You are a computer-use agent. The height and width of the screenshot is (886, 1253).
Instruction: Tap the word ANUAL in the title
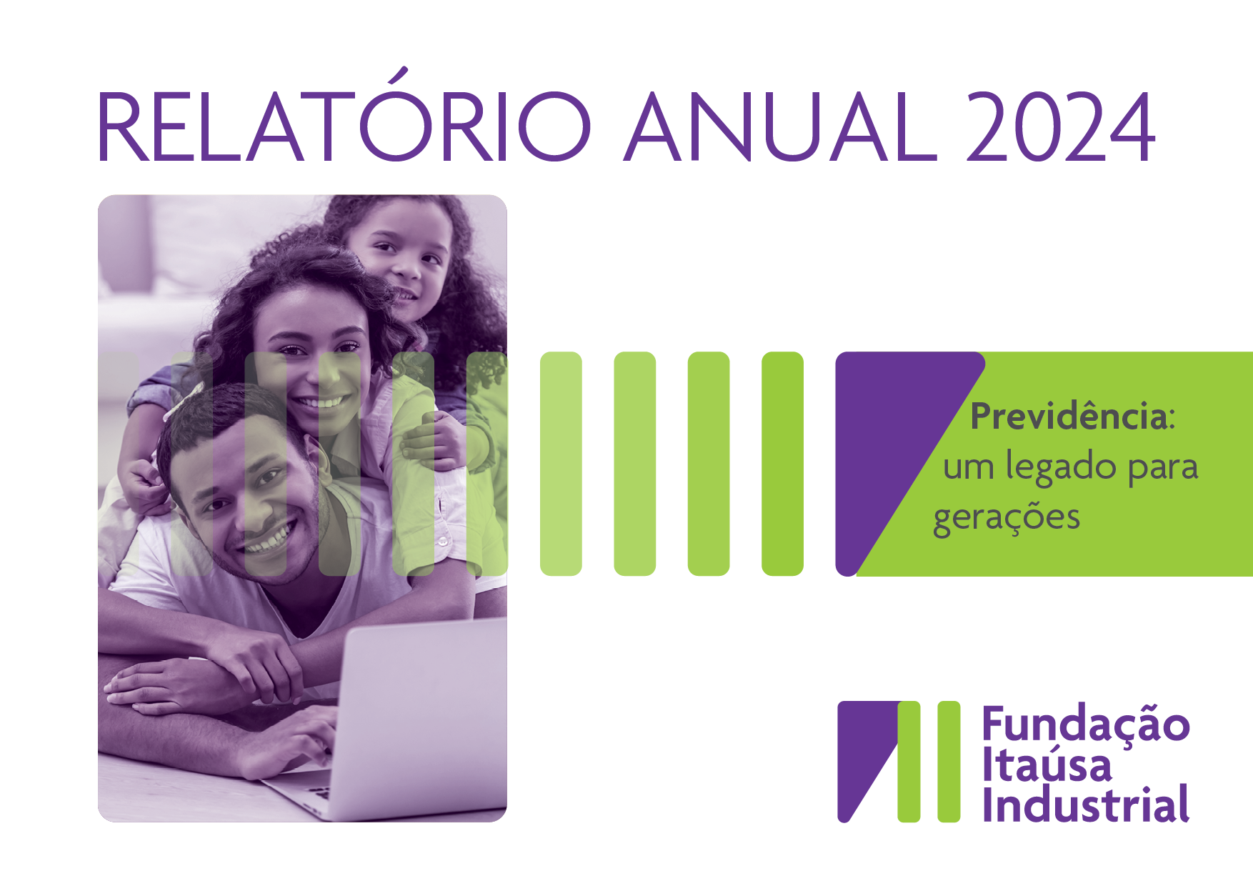pos(781,126)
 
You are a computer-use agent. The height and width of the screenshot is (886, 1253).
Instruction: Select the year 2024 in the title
pos(1061,126)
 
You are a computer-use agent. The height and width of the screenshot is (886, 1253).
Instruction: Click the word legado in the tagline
pos(1060,467)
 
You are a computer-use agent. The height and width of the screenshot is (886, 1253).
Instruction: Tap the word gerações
pos(1006,517)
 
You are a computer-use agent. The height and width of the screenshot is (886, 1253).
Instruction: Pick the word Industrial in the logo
pos(1086,804)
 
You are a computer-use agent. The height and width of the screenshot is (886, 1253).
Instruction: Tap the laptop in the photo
pos(400,722)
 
